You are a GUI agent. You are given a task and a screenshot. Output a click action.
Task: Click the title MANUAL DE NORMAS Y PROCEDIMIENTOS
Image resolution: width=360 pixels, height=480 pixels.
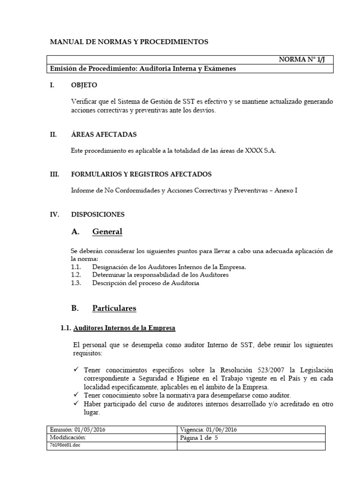tap(129, 42)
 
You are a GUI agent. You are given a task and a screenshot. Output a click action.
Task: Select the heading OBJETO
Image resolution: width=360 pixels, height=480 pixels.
tap(84, 85)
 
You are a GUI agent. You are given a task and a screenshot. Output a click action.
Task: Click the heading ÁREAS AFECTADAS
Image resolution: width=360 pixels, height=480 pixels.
tap(104, 134)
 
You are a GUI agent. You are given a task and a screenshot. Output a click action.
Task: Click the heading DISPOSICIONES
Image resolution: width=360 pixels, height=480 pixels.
tap(97, 214)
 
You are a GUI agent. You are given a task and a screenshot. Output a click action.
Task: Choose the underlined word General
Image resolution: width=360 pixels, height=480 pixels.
tap(107, 231)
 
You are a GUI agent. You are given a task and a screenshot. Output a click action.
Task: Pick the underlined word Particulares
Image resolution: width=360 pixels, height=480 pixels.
tap(114, 308)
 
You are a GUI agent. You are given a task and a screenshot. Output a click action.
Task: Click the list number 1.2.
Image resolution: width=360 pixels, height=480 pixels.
tap(76, 275)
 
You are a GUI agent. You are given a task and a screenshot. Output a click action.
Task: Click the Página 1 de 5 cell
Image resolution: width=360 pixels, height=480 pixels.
tap(199, 438)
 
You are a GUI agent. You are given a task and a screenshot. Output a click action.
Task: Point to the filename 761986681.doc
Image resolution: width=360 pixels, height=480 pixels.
tap(64, 445)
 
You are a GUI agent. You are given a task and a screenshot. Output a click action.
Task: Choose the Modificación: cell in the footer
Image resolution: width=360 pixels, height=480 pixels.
tap(68, 438)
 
